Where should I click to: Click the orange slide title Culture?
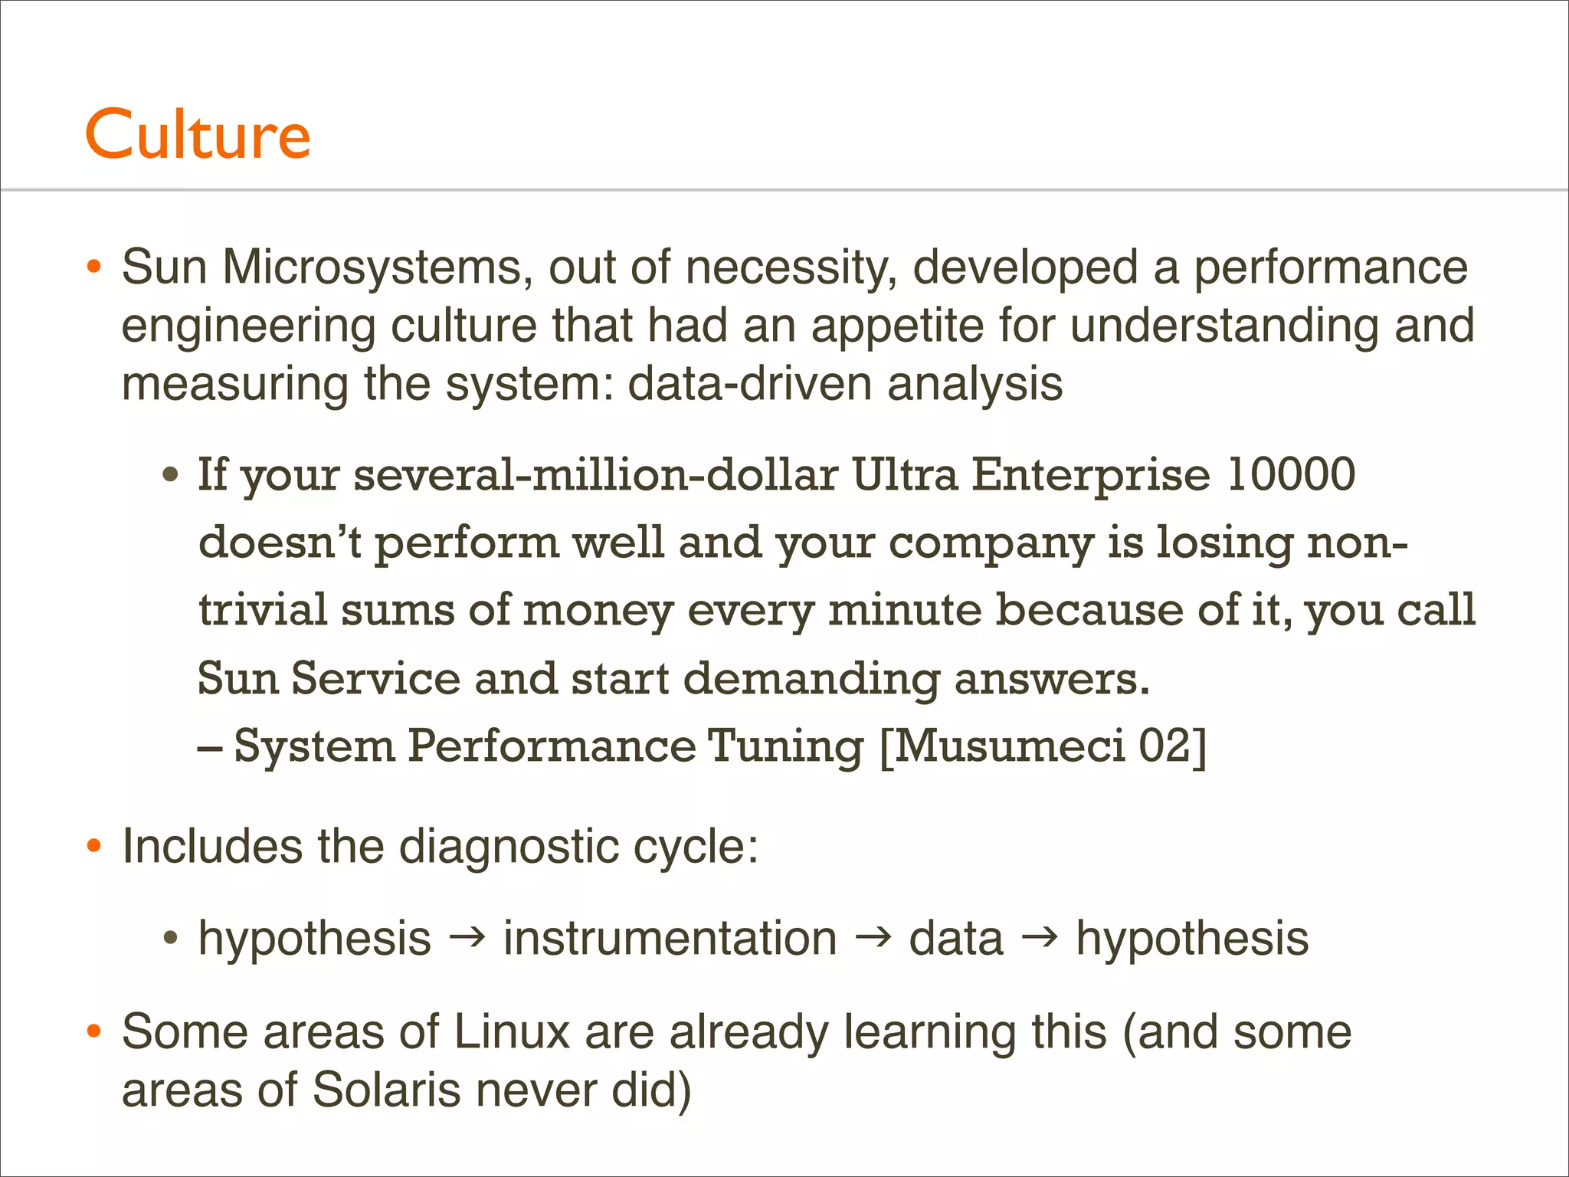(198, 134)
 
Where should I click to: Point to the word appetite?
(897, 326)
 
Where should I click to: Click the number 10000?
(1291, 474)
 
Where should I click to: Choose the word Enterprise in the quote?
(1092, 474)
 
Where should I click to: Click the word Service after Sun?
(375, 678)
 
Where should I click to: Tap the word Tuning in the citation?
(785, 746)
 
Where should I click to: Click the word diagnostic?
(509, 847)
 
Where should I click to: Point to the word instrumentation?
(670, 939)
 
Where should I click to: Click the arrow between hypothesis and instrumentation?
(467, 937)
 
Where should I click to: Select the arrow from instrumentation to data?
(873, 937)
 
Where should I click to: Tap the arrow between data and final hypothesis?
(1039, 937)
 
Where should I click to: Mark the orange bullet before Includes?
(93, 847)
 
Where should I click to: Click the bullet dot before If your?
(170, 475)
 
